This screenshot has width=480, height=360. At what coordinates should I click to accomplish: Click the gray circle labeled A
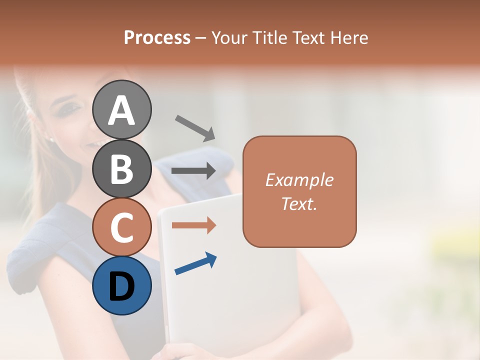pos(121,109)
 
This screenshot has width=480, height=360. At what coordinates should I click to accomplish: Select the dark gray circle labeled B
pos(121,168)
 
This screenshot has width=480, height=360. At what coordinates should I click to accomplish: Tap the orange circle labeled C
pos(121,227)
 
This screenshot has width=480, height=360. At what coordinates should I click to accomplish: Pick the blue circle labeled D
pos(121,285)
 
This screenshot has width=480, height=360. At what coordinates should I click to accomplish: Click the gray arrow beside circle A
pos(194,127)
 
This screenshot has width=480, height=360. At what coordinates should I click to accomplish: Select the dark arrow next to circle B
pos(193,170)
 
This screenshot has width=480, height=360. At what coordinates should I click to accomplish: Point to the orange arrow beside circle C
pos(193,225)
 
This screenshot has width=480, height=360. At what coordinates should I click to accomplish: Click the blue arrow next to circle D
pos(195,263)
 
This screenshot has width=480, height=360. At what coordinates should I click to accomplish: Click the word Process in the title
pos(157,37)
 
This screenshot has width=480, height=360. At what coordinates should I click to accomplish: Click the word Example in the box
pos(299,180)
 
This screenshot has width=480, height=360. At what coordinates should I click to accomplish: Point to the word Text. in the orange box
pos(299,203)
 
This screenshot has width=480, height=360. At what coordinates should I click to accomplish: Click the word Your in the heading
pos(228,37)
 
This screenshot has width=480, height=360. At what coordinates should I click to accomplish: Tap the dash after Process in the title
pos(200,38)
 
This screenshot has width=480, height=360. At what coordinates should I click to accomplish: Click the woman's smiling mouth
pos(93,144)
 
